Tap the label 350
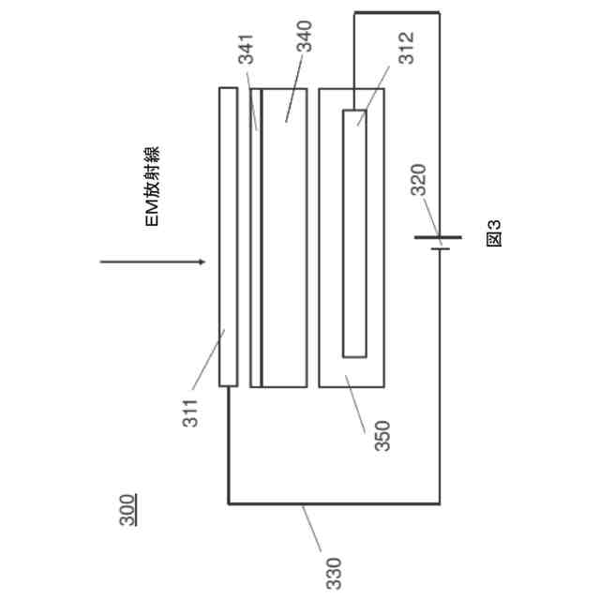[382, 436]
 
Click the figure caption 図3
[494, 232]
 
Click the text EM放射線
[151, 187]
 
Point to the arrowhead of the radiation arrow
[199, 262]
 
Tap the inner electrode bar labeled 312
[354, 233]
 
